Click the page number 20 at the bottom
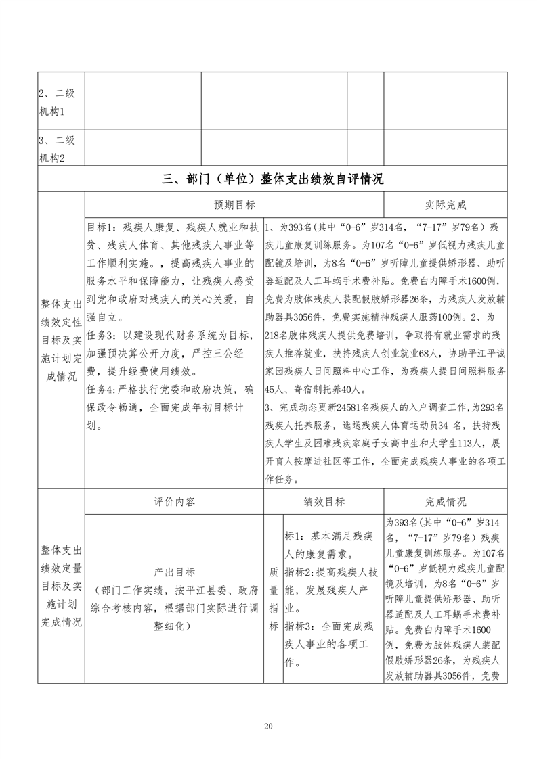pyautogui.click(x=268, y=727)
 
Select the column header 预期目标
pyautogui.click(x=234, y=205)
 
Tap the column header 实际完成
pyautogui.click(x=445, y=205)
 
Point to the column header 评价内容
pyautogui.click(x=174, y=502)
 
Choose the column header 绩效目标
pyautogui.click(x=324, y=502)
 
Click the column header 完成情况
pyautogui.click(x=445, y=502)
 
